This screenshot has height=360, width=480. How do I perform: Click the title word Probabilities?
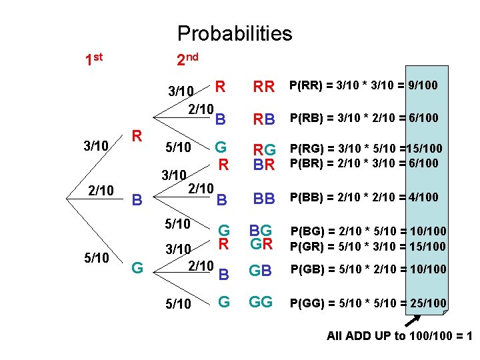point(235,33)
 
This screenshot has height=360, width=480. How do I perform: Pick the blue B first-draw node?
point(137,199)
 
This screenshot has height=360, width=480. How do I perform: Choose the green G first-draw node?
point(137,268)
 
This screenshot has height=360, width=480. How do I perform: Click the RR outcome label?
point(264,87)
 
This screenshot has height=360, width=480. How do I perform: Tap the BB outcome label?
point(264,198)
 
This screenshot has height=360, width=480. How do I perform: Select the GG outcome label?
point(261,302)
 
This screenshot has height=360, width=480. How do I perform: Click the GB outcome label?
point(261,270)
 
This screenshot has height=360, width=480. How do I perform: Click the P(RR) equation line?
point(363,85)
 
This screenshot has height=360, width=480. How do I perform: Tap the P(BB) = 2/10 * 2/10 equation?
point(363,197)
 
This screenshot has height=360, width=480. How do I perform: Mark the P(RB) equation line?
point(363,118)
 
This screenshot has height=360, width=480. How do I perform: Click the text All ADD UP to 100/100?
point(398,336)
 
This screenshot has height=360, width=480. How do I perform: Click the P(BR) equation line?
point(363,163)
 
